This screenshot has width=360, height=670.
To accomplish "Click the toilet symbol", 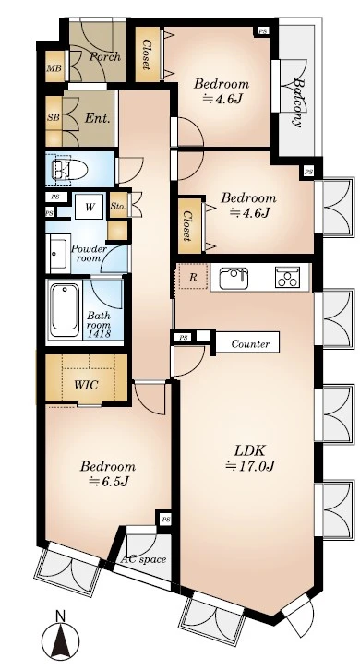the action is click(x=69, y=169).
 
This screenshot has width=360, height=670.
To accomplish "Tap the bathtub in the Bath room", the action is click(x=65, y=311).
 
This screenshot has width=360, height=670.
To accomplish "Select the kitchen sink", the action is click(x=234, y=278).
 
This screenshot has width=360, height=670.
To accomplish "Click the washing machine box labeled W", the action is click(x=90, y=208).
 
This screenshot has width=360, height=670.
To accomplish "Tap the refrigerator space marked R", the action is click(x=193, y=277).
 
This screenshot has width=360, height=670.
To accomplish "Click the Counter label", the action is click(x=250, y=344).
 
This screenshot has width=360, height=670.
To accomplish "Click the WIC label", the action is click(x=86, y=385).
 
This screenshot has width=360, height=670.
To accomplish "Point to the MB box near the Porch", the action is click(x=54, y=67).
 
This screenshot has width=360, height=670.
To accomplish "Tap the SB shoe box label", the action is click(x=54, y=117).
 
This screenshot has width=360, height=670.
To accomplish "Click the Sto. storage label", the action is click(x=118, y=206).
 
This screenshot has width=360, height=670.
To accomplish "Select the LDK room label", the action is click(x=250, y=450).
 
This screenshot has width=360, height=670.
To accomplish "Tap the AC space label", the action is click(x=143, y=559).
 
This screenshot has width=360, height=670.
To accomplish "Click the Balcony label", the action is click(x=298, y=103).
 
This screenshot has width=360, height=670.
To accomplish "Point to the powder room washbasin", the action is click(x=58, y=254).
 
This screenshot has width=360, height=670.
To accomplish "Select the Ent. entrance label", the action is click(x=98, y=118).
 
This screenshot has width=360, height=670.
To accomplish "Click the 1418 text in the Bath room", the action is click(x=99, y=334).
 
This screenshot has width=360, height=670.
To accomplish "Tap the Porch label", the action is click(x=104, y=56).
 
